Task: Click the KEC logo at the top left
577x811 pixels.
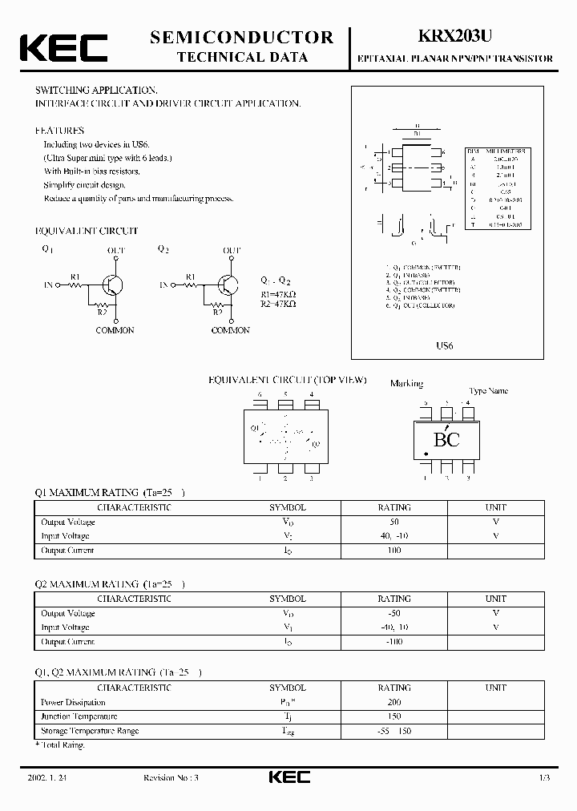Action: click(x=63, y=47)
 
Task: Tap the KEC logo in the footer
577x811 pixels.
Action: click(x=288, y=777)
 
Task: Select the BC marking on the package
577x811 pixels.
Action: click(x=446, y=439)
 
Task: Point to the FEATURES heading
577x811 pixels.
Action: click(x=59, y=130)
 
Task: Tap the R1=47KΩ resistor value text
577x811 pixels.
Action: click(x=279, y=293)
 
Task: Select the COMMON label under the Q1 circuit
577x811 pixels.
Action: click(x=115, y=330)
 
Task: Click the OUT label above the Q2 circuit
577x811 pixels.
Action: click(x=232, y=251)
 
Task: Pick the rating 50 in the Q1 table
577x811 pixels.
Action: click(x=394, y=522)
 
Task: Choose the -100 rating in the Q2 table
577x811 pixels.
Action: click(x=394, y=642)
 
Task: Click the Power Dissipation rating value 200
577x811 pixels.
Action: click(x=394, y=702)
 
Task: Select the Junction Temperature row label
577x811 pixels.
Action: click(x=79, y=716)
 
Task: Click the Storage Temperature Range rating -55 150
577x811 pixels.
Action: click(x=394, y=731)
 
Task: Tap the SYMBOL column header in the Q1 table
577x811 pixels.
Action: click(x=287, y=507)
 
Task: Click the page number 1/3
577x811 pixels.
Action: click(x=543, y=778)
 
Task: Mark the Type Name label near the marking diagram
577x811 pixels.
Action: click(x=488, y=391)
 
